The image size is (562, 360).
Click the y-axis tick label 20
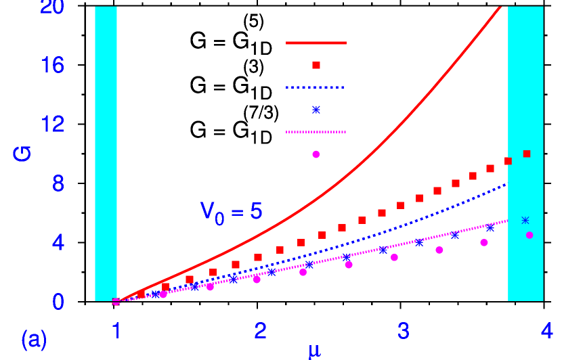52,7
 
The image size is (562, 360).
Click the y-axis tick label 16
52,66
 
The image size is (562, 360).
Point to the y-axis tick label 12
52,125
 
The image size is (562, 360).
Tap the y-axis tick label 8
58,183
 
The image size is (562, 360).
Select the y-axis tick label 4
58,242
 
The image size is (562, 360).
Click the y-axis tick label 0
58,302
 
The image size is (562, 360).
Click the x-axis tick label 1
116,331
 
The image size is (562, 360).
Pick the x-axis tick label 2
260,331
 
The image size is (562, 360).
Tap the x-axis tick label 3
404,331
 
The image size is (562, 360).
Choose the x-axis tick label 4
547,331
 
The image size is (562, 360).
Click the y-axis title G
22,153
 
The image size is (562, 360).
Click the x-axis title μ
314,351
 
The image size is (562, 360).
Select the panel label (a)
34,339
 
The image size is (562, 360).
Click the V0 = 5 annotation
231,212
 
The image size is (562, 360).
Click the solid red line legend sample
316,43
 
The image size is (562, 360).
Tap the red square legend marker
316,65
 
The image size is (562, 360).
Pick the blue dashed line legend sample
316,87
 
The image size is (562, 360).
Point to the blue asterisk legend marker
316,110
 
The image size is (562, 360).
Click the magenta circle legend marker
316,154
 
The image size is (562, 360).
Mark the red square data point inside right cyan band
527,154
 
